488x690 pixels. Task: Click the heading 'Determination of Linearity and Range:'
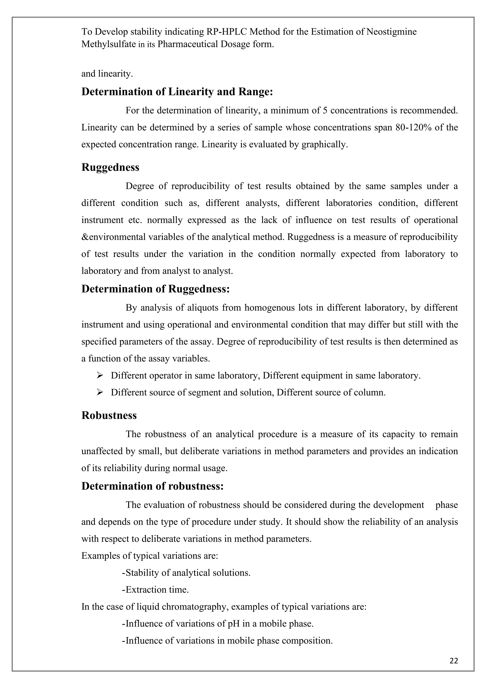click(x=177, y=92)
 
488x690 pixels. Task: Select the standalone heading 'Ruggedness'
click(x=110, y=167)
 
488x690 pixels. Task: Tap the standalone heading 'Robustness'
click(x=109, y=415)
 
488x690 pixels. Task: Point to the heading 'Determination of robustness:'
click(x=152, y=486)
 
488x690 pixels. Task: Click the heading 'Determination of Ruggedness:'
click(x=155, y=289)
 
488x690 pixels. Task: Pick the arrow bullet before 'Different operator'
click(x=100, y=375)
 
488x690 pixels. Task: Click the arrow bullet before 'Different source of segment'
click(x=100, y=392)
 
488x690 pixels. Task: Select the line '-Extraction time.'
click(x=155, y=590)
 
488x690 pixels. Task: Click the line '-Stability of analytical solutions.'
click(x=186, y=573)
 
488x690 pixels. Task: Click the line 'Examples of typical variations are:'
click(x=149, y=556)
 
